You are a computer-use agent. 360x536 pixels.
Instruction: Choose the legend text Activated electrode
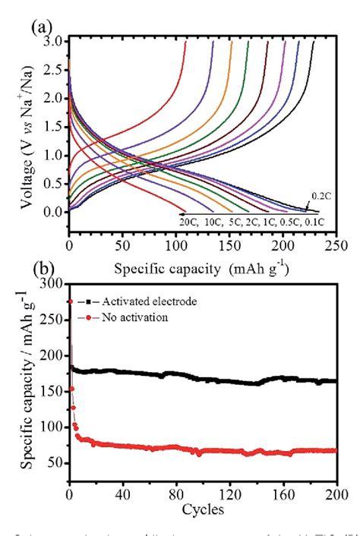(144, 301)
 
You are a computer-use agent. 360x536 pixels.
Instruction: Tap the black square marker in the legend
(90, 301)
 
